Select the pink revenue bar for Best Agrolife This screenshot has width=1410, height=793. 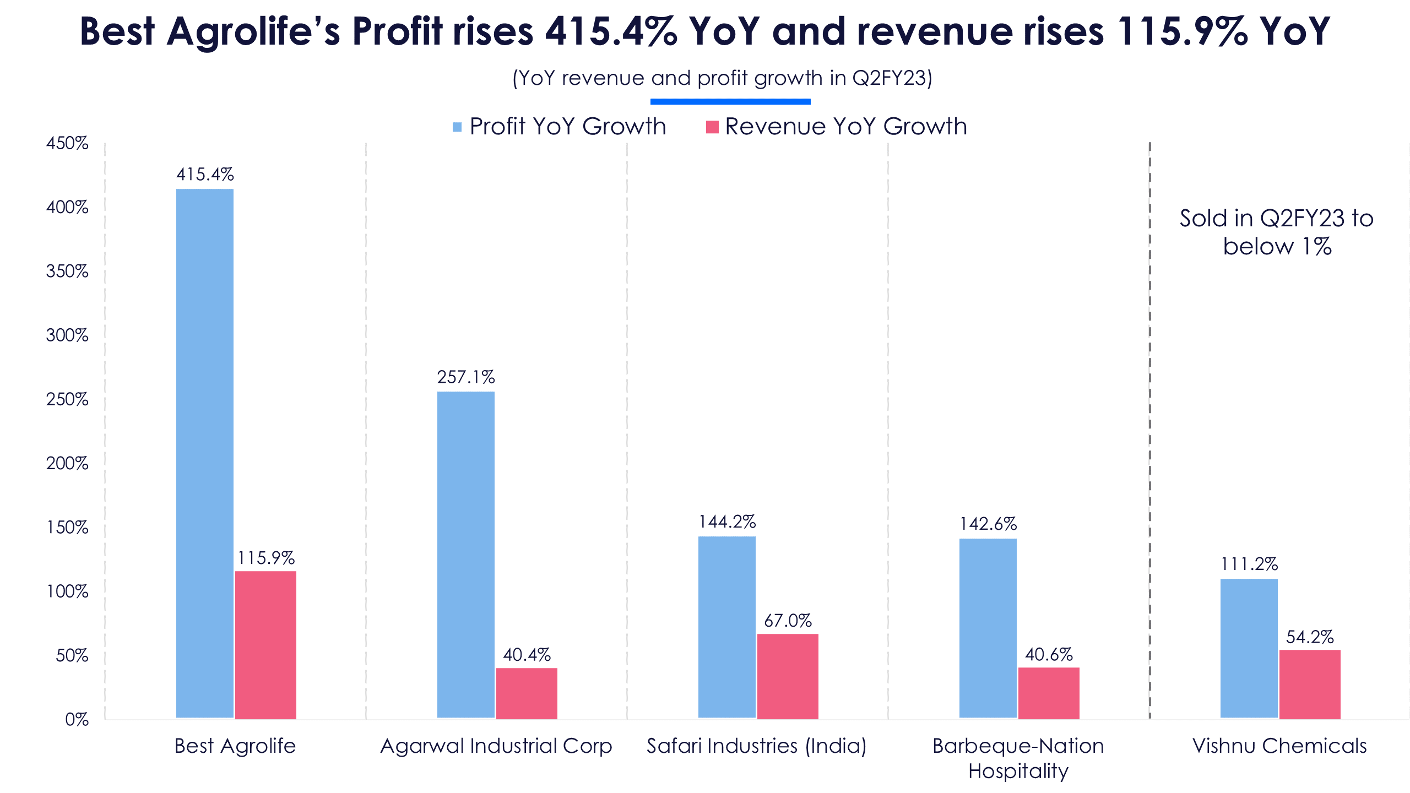pos(265,645)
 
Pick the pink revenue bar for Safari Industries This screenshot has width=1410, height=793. pos(788,676)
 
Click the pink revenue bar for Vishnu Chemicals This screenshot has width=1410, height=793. pos(1310,685)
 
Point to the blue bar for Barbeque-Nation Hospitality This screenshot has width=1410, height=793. pos(988,628)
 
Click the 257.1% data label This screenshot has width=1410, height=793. pos(466,377)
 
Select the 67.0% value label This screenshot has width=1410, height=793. pos(788,621)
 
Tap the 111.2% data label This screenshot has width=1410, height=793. pos(1249,564)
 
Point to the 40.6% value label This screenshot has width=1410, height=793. pos(1049,654)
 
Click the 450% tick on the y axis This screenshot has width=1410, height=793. pos(67,143)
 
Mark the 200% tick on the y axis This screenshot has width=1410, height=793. pos(67,463)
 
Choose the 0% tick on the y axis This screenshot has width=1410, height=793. pos(77,719)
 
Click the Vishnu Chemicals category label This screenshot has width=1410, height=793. pos(1279,746)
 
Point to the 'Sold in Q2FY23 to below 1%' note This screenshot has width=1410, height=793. pos(1277,232)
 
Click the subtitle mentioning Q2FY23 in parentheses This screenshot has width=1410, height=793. pos(722,78)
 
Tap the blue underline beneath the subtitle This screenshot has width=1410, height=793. pos(730,101)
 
